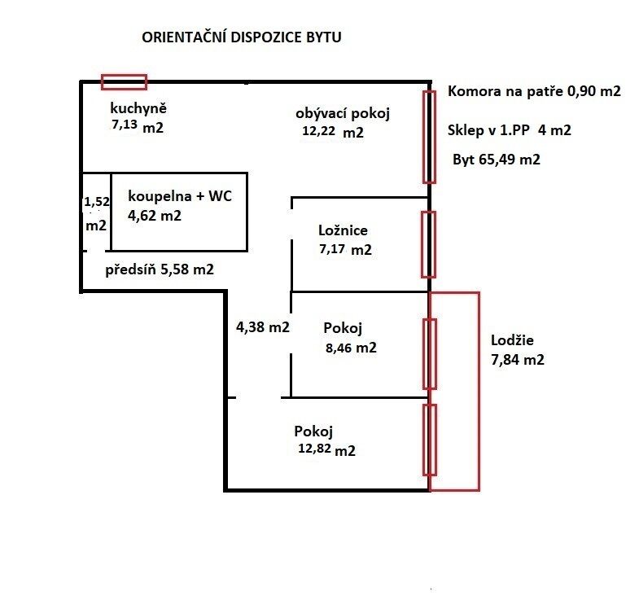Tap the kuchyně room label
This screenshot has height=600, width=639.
click(x=138, y=108)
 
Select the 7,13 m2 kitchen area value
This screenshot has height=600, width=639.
click(x=138, y=126)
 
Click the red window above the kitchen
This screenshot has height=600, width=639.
click(x=124, y=81)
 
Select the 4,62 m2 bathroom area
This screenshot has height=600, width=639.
click(x=155, y=216)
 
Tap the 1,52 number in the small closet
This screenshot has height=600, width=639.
click(x=96, y=200)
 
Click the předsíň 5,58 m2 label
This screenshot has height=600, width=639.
click(x=160, y=269)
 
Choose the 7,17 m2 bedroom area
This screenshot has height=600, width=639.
click(x=346, y=249)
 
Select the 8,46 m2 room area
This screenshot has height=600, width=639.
click(x=350, y=348)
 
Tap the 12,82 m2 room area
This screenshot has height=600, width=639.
click(x=328, y=449)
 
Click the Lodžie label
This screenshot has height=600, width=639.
click(x=514, y=340)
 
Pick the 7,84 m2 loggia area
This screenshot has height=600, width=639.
click(x=518, y=359)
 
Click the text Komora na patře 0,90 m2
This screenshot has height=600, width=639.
click(x=534, y=92)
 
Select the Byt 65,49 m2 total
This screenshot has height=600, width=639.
click(x=497, y=160)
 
